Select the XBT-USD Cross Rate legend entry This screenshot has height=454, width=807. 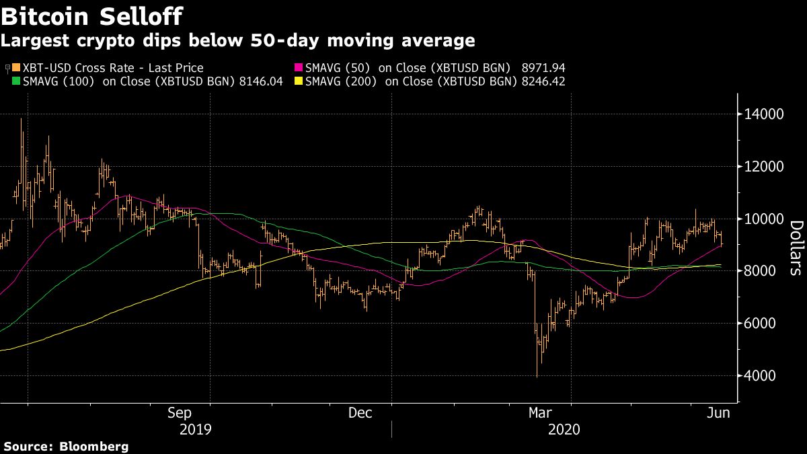tap(108, 68)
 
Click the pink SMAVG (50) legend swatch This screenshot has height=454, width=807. tap(298, 68)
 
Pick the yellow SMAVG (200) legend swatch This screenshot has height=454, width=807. tap(298, 81)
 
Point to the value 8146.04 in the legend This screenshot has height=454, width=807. tap(259, 81)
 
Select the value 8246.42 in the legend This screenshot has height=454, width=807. tap(541, 81)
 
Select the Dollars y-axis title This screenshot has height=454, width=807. tap(795, 248)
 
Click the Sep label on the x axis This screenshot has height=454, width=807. tap(180, 413)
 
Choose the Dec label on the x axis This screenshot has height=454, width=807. tap(361, 413)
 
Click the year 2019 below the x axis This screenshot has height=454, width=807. tap(196, 429)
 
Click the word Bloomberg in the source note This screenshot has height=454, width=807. tap(93, 446)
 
